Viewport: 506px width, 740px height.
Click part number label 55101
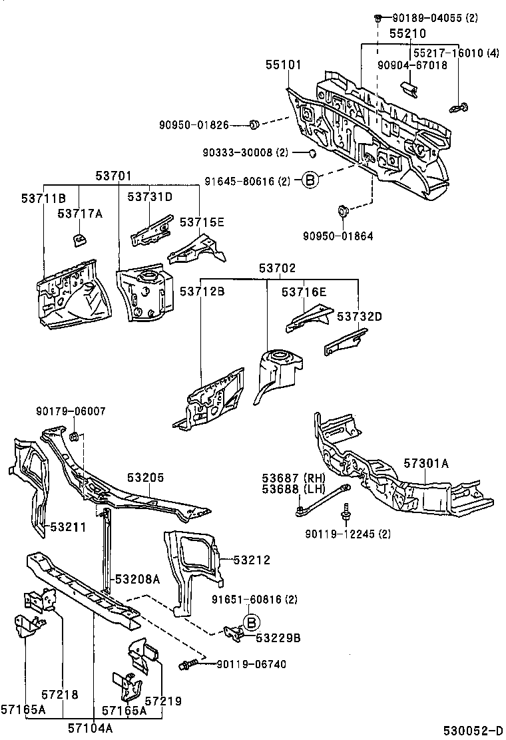point(284,65)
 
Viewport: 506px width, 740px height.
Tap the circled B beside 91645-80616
point(310,180)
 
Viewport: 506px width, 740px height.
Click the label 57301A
point(427,462)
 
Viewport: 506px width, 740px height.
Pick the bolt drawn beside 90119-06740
point(186,664)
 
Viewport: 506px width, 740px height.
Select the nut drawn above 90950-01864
point(344,212)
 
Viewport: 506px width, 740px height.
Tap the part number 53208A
point(137,579)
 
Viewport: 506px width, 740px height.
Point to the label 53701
point(114,176)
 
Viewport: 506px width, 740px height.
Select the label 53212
point(252,560)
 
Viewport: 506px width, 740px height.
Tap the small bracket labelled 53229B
point(233,633)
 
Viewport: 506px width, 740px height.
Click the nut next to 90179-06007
point(75,437)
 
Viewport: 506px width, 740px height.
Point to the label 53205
point(146,478)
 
